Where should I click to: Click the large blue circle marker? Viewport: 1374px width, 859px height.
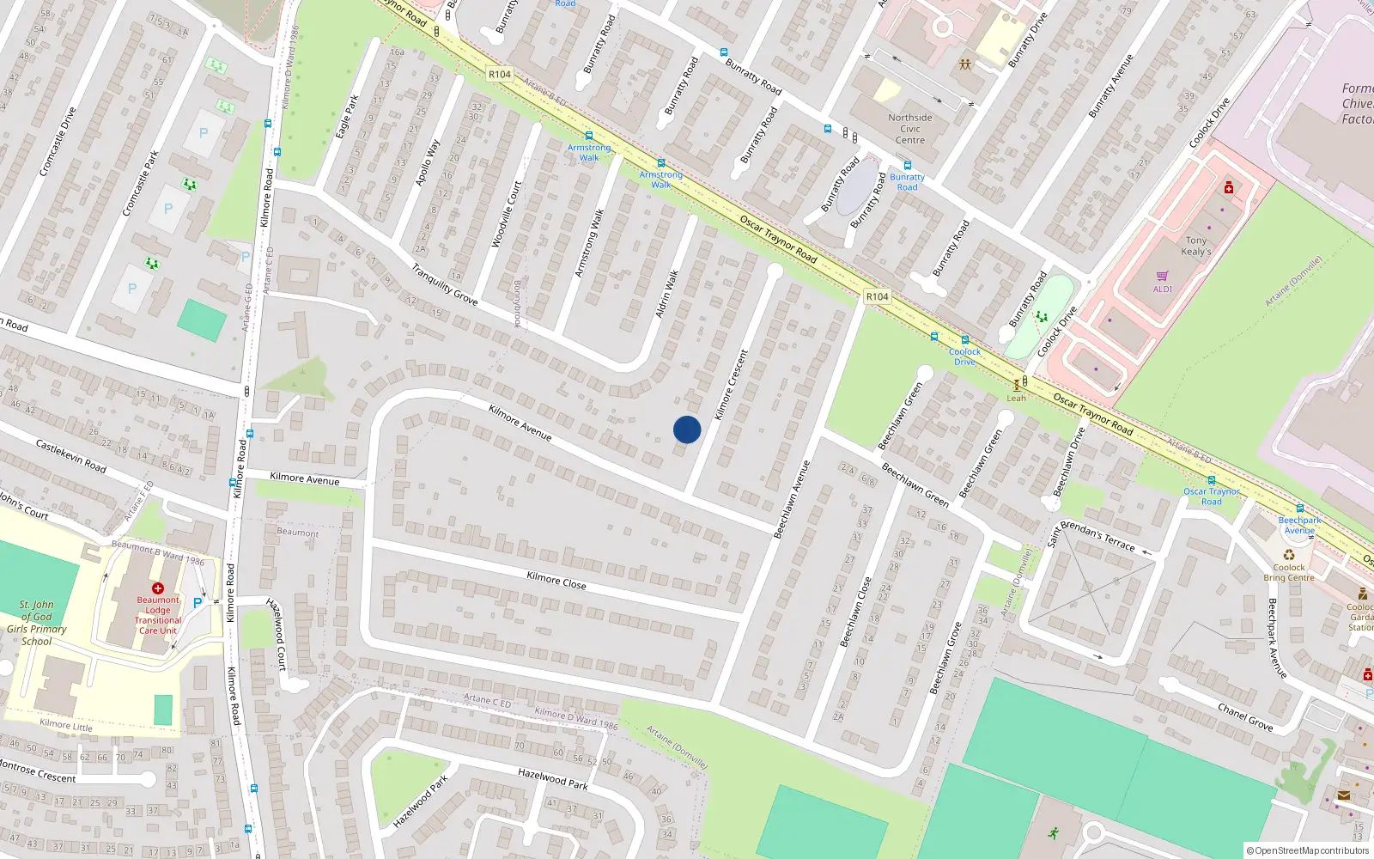(x=687, y=429)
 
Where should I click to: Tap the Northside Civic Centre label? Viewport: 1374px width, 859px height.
(x=910, y=129)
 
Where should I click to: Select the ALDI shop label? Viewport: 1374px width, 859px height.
(x=1162, y=289)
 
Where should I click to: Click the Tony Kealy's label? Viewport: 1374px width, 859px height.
(x=1196, y=246)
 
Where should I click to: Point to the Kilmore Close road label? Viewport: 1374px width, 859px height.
(x=556, y=581)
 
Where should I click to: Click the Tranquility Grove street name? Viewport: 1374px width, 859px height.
(x=444, y=284)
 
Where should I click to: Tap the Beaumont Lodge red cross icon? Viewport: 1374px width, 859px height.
(x=158, y=588)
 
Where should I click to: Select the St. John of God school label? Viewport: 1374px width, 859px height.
(x=37, y=623)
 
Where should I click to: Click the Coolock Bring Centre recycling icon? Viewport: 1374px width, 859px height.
(x=1289, y=555)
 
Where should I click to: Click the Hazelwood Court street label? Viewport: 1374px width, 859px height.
(x=277, y=633)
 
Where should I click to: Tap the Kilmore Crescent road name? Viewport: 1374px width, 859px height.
(x=731, y=384)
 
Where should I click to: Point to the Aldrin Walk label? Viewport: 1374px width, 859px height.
(x=667, y=294)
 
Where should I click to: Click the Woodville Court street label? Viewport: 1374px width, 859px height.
(x=507, y=215)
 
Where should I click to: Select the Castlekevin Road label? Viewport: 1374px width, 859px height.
(x=71, y=455)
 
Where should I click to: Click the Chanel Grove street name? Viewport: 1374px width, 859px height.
(x=1245, y=716)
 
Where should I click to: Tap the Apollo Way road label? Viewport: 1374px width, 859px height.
(x=428, y=162)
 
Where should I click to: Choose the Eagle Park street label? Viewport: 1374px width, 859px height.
(x=348, y=117)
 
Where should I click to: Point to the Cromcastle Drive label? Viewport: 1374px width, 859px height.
(x=58, y=142)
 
